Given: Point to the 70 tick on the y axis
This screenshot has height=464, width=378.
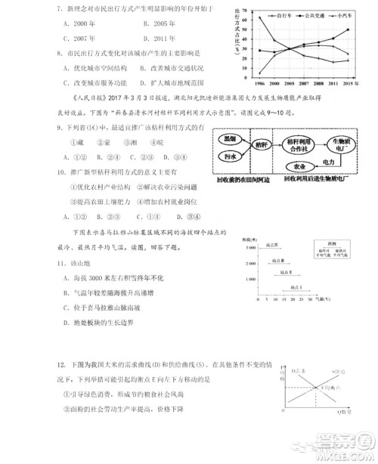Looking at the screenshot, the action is click(x=243, y=10).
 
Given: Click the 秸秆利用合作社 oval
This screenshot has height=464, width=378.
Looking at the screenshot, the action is click(x=301, y=145).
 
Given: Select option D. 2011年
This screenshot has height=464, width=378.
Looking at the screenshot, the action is click(x=160, y=37).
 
